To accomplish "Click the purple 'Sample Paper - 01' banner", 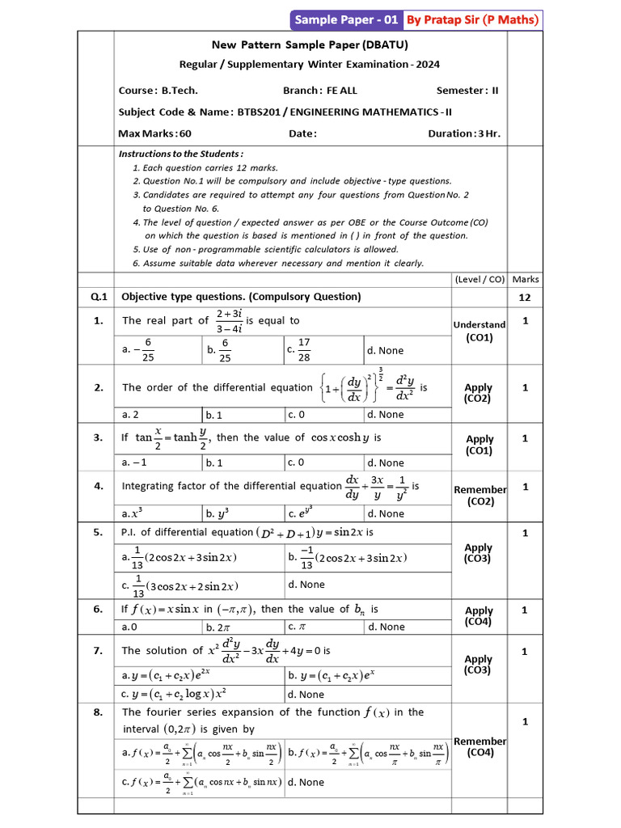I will pos(345,19).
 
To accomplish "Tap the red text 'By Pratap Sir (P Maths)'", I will pos(472,19).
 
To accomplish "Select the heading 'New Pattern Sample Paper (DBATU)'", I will pos(310,46).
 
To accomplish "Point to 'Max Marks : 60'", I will pos(155,133).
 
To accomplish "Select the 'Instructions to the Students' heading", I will pos(181,154).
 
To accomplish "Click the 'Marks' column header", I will pos(526,279).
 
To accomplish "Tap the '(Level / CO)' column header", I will pos(479,279).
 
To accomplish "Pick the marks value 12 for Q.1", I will pos(526,298).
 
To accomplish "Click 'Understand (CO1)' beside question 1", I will pos(479,331).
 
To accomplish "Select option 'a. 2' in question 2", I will pos(130,415).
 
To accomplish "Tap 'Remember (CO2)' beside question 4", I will pos(479,496).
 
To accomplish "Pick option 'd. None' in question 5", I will pos(306,585).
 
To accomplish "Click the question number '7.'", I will pos(98,650).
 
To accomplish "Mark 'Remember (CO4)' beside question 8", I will pos(479,747).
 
